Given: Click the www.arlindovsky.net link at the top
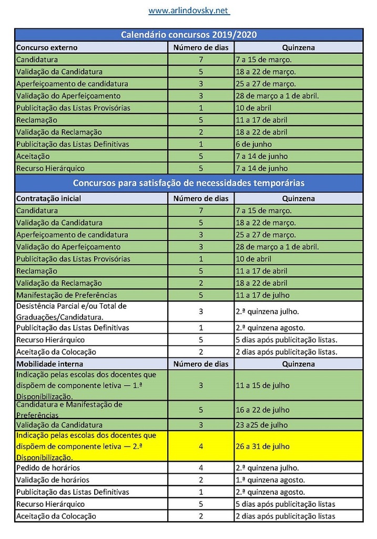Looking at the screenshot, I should tap(189, 11).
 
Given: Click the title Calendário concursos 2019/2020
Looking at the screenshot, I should tap(189, 35).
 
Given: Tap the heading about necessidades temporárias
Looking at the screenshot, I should tap(189, 183).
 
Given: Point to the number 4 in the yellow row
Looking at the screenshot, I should tap(201, 446).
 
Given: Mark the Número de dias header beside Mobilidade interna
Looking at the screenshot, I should tap(201, 364).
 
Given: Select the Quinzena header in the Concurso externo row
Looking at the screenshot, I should tap(298, 47).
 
